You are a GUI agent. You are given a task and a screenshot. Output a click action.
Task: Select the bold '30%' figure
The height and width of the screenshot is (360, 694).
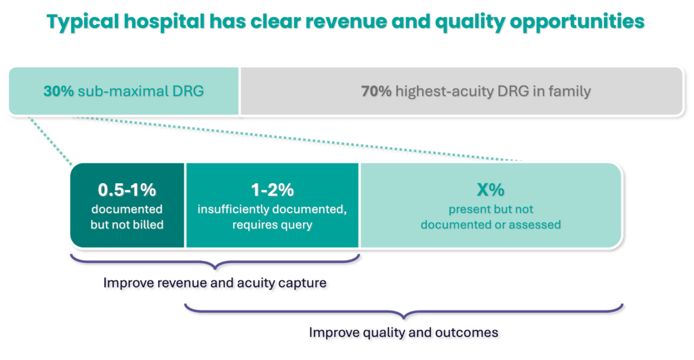[59, 91]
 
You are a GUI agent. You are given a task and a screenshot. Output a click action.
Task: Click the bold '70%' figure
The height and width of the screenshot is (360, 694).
[376, 91]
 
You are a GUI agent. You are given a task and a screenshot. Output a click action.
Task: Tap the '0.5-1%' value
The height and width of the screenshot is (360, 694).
[127, 189]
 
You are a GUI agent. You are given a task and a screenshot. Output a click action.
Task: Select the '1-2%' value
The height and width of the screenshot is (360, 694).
[272, 189]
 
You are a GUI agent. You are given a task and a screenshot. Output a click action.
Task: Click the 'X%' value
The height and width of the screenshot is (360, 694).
[491, 190]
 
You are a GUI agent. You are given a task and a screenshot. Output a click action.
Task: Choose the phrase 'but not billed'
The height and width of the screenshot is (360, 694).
[127, 224]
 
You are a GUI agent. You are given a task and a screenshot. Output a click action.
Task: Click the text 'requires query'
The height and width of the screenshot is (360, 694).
[272, 224]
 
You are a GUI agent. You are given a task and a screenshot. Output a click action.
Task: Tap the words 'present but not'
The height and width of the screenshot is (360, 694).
[491, 209]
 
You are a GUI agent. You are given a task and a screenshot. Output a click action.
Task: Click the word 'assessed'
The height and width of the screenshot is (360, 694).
[535, 224]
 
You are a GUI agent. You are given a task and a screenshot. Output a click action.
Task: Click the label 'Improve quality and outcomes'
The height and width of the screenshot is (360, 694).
[404, 333]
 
